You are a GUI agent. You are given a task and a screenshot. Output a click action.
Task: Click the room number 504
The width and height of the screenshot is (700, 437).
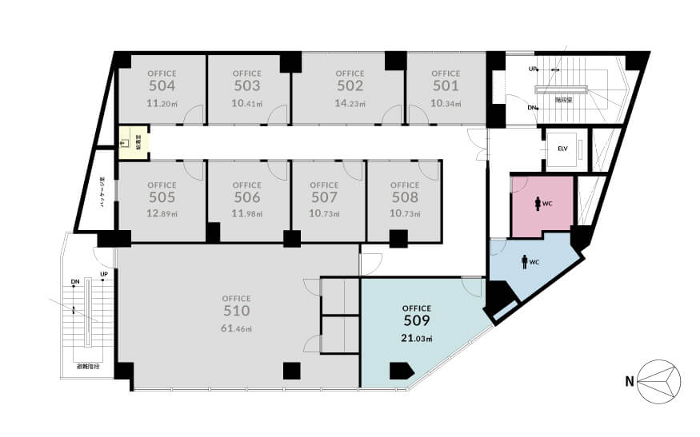162,86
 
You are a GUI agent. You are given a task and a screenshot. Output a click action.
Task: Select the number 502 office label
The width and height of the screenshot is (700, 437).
350,86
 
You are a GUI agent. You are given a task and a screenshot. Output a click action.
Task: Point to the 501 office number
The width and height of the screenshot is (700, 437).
446,86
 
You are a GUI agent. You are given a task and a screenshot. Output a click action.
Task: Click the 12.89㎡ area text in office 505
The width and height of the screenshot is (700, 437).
162,214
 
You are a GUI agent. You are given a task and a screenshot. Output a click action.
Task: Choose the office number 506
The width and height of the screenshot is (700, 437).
247,197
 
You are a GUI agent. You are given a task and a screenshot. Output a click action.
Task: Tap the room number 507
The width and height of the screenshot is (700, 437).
324,197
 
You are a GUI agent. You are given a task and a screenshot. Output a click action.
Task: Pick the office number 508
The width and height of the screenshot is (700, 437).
405,197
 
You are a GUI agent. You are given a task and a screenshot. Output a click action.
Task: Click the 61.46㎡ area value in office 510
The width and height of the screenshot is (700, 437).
238,329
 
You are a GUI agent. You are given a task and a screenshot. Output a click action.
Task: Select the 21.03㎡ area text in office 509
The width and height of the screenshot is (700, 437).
417,339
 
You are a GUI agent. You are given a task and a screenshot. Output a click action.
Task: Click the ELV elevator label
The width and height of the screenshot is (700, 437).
562,148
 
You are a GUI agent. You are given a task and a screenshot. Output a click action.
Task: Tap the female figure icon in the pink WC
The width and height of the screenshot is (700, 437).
536,203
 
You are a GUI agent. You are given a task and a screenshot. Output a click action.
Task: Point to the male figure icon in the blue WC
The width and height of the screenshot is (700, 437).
525,260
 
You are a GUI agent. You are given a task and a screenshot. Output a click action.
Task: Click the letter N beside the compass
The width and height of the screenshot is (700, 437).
630,381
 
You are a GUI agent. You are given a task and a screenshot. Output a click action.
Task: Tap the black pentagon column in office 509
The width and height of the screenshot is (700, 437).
400,371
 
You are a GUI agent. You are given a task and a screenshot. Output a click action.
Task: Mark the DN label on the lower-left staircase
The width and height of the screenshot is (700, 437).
74,282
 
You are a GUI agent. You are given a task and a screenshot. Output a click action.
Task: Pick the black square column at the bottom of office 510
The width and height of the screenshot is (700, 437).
292,371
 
